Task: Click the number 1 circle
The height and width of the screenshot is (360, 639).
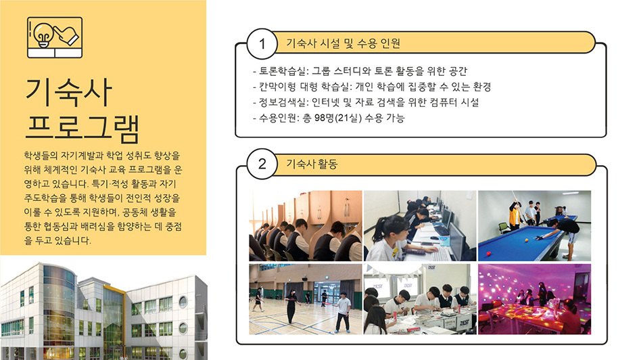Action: tap(262, 43)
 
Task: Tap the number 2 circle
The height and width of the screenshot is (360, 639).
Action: tap(262, 164)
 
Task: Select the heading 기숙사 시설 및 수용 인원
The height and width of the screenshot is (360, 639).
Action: tap(343, 43)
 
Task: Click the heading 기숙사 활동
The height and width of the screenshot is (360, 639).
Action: tap(312, 164)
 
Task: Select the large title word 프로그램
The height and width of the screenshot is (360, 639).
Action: tap(82, 128)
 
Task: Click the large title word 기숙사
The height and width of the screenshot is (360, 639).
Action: tap(68, 92)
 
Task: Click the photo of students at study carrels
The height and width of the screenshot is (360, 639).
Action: tap(306, 225)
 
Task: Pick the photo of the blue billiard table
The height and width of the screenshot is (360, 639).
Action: tap(534, 225)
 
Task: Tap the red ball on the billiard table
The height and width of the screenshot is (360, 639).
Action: tap(488, 253)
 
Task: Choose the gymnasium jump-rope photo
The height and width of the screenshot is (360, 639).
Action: tap(306, 299)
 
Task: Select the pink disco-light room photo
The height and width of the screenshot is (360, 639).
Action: tap(534, 299)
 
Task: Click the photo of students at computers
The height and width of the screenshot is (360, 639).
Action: tap(420, 225)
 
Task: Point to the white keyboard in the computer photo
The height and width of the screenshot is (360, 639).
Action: tap(440, 254)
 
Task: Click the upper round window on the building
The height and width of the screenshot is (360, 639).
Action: tap(183, 302)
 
